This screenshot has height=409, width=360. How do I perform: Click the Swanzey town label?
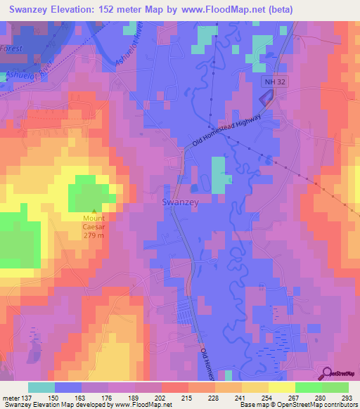(181, 202)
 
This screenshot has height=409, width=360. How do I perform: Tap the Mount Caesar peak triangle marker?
(96, 211)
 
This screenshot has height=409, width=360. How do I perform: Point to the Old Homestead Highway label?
(231, 131)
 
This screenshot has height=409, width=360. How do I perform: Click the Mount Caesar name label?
(96, 223)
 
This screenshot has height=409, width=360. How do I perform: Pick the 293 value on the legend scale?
(348, 397)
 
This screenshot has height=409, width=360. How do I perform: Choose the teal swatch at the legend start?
(41, 387)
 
